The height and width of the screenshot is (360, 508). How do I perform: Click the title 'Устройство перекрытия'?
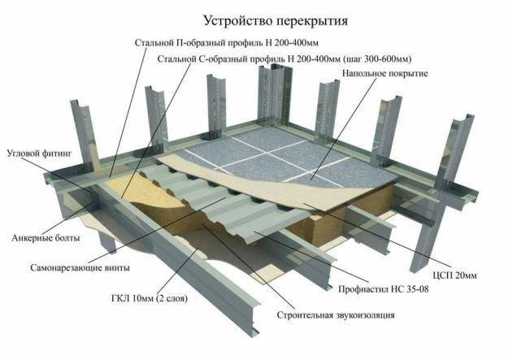click(276, 21)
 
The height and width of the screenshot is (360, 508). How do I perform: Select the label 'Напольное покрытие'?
click(385, 74)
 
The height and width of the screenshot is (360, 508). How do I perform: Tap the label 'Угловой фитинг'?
click(39, 154)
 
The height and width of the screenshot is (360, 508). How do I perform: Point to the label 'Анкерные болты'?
click(46, 238)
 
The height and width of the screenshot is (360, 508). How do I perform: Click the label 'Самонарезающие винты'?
click(80, 268)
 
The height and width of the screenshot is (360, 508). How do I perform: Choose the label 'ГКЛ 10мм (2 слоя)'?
click(150, 298)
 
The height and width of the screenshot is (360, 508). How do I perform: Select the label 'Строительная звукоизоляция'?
click(336, 315)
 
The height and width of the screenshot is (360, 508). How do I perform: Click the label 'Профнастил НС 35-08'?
click(384, 288)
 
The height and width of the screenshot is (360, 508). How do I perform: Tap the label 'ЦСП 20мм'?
click(455, 275)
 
